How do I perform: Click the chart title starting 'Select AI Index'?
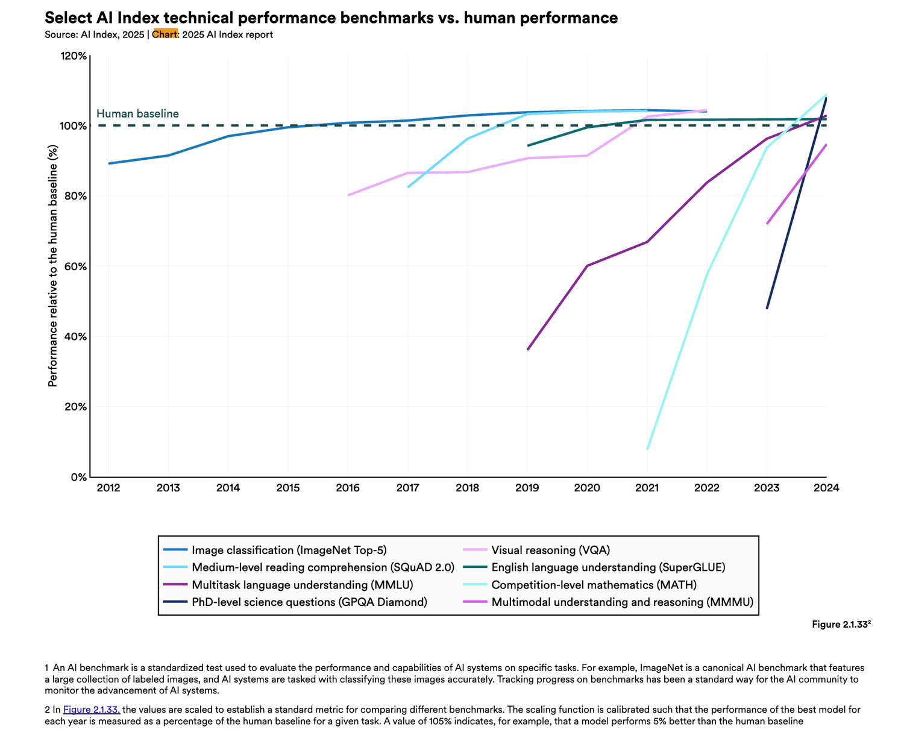click(331, 17)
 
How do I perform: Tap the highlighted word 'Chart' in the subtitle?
click(165, 34)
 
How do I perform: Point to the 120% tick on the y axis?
click(74, 56)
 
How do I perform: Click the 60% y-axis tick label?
click(75, 266)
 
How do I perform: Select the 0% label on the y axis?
click(79, 477)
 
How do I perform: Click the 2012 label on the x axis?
click(108, 488)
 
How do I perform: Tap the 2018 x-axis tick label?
click(467, 488)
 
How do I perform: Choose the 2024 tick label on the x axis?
click(826, 488)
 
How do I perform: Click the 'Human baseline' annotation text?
click(137, 113)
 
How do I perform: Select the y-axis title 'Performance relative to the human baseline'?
click(52, 266)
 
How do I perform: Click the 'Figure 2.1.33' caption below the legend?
click(841, 625)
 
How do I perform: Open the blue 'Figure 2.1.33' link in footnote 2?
click(91, 709)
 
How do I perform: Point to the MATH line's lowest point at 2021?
click(647, 449)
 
